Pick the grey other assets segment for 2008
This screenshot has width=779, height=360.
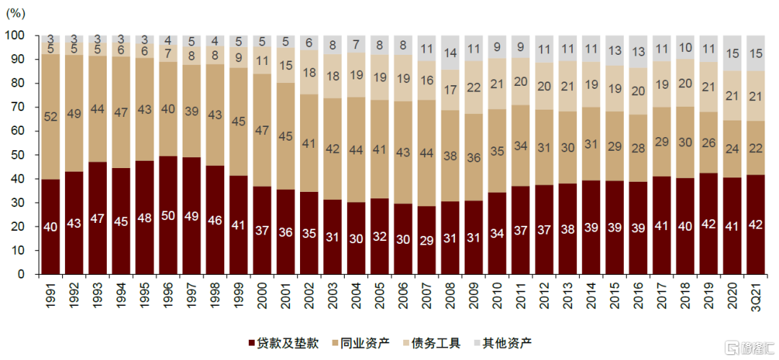click(x=450, y=52)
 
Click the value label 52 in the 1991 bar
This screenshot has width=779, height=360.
click(x=50, y=117)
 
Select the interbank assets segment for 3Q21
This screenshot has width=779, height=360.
click(x=755, y=148)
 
